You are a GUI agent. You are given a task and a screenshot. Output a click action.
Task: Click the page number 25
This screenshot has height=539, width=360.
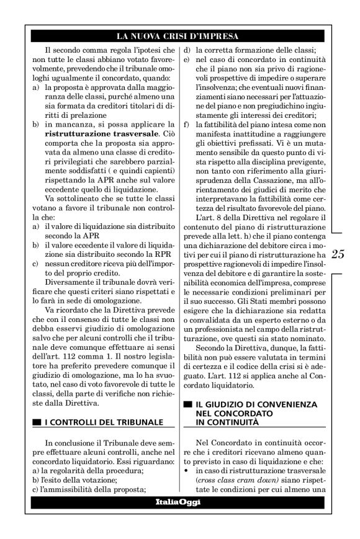tap(339, 254)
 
